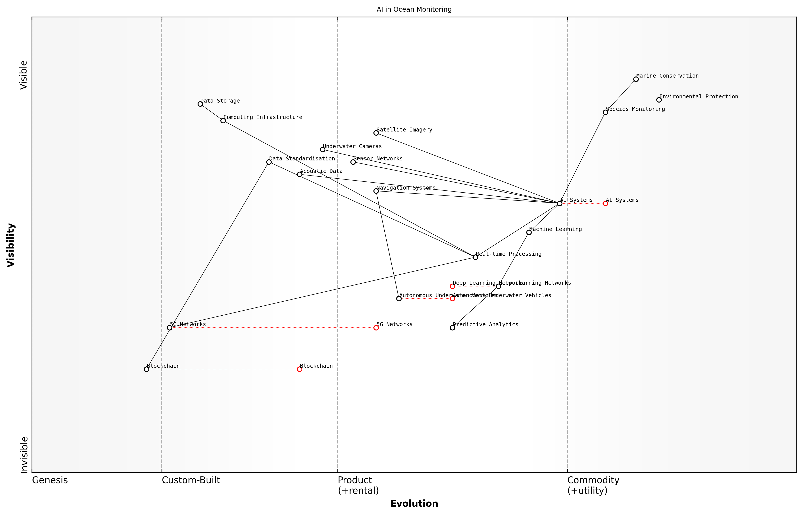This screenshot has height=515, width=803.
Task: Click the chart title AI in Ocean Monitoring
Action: point(414,9)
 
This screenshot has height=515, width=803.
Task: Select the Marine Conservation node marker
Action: point(636,79)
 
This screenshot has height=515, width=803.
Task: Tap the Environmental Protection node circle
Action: point(659,100)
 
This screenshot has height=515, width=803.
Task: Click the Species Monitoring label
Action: point(635,109)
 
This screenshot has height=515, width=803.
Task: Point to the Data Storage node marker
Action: point(200,104)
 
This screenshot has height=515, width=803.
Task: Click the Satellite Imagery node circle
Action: point(376,133)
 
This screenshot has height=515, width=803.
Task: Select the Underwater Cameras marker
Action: point(323,149)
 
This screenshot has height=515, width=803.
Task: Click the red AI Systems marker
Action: point(605,203)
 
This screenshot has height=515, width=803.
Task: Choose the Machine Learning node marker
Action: point(529,233)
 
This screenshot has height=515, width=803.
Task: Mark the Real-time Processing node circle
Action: point(475,257)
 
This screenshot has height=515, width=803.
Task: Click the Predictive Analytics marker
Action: point(452,328)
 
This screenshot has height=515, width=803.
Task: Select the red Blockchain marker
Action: point(300,369)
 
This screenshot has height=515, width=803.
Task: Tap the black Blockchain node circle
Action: point(146,369)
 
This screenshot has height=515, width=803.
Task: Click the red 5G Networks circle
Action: point(376,328)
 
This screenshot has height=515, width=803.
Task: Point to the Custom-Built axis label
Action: point(191,480)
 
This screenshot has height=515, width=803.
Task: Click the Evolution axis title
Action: point(414,504)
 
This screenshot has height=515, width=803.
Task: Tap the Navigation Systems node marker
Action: point(376,191)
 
